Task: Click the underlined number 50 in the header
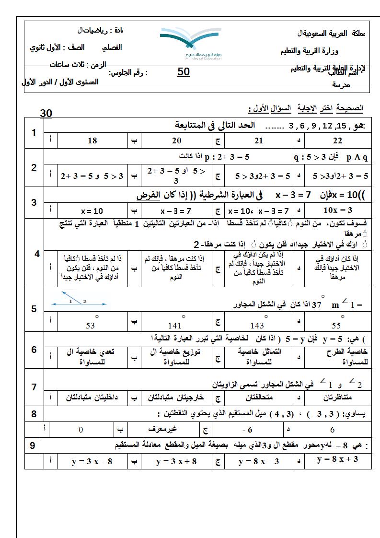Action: [184, 72]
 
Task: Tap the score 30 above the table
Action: [46, 113]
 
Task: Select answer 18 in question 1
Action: [92, 140]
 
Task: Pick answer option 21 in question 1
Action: [259, 140]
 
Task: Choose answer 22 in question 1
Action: [337, 140]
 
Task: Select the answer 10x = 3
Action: [338, 210]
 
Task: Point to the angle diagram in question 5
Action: [79, 301]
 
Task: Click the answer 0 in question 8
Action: [81, 430]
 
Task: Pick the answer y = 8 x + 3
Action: [338, 460]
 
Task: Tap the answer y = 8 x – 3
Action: [259, 462]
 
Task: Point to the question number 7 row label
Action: [34, 387]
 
